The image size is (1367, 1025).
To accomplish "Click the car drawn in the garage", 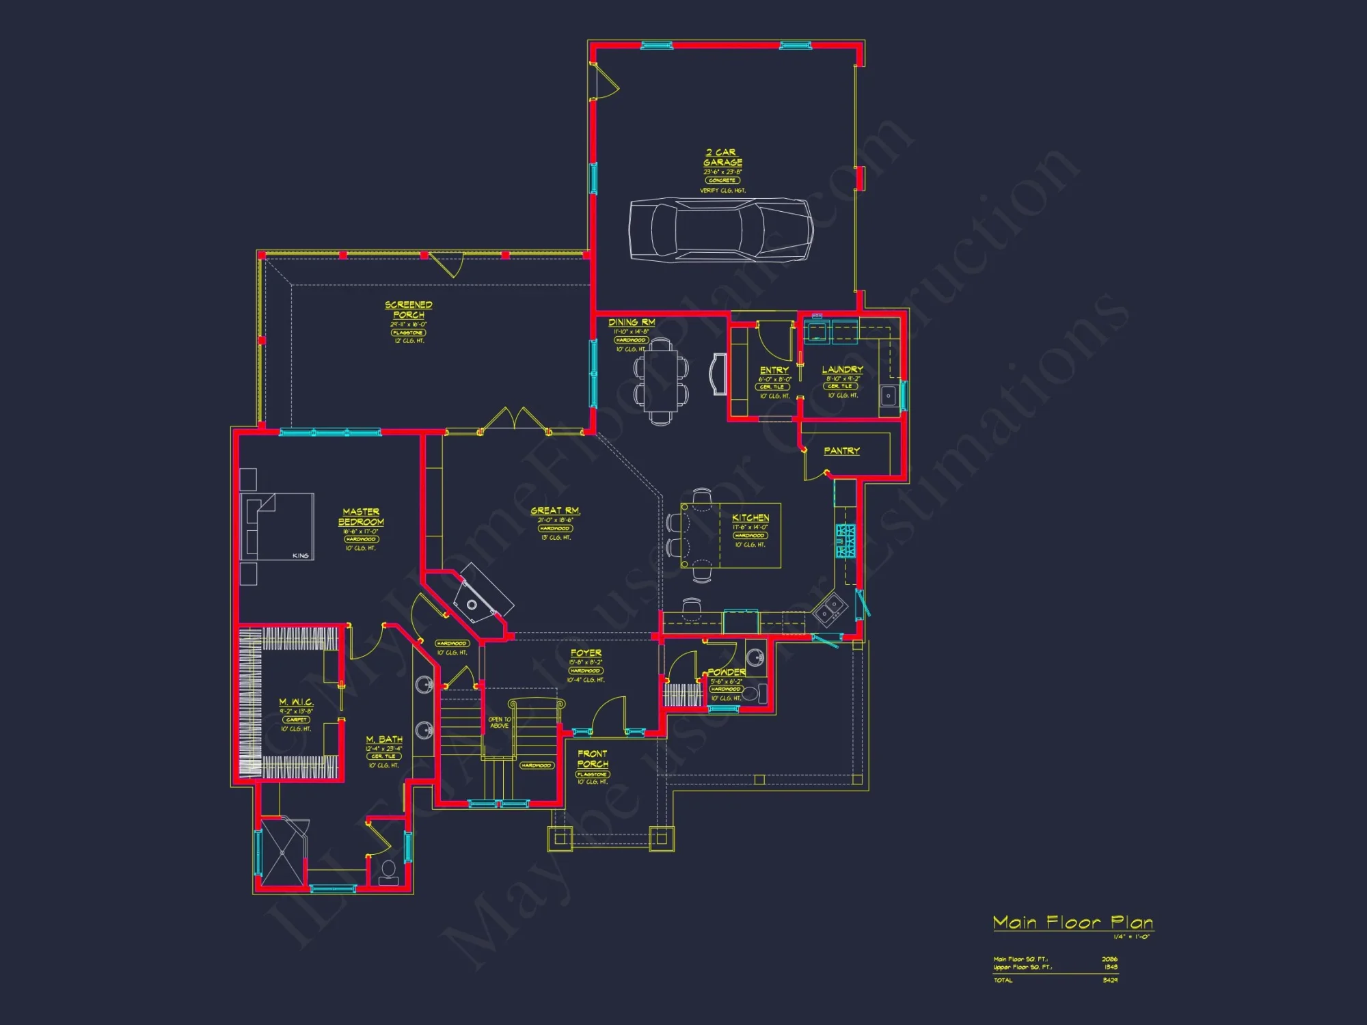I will point(721,230).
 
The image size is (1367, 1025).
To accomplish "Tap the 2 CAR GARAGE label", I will point(722,158).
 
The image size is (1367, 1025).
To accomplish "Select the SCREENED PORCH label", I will point(408,310).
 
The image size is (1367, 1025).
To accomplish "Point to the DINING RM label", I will point(632,323).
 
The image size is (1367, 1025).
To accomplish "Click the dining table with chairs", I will point(660,381).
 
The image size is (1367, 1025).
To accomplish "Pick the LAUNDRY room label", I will point(842,370).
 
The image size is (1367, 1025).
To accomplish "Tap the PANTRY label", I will point(841,451).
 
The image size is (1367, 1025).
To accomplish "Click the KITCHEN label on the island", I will point(750,518).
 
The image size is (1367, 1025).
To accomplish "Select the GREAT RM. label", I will point(555,511).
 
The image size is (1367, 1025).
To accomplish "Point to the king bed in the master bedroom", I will point(278,527).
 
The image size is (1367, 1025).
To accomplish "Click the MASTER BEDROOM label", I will point(361,517).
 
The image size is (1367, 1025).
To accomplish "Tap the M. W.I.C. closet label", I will point(296,702).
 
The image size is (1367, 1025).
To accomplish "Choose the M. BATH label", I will point(384,739).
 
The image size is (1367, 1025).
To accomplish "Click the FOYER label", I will point(586,653).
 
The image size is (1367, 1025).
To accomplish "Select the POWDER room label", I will point(726,672).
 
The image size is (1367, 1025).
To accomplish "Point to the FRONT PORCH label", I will point(593,759).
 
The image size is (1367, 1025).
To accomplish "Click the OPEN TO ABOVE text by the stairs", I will point(499,722).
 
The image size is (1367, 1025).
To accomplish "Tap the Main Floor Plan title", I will point(1073,923).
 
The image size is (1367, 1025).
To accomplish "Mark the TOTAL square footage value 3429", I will point(1110,981).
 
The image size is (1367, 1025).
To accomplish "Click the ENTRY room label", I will point(774,370).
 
